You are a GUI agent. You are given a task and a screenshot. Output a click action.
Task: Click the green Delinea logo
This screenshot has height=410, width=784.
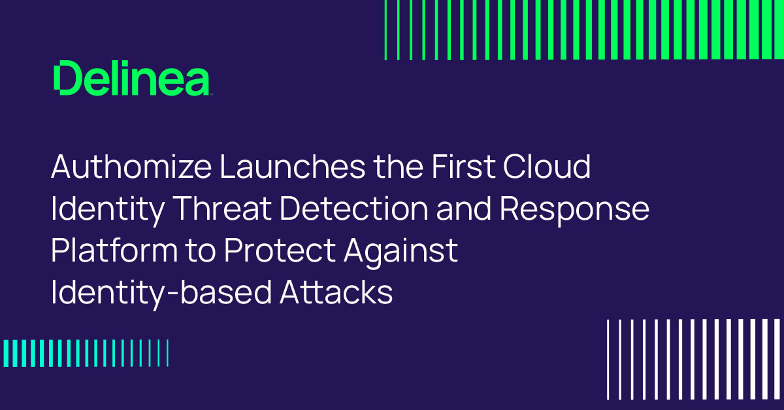(132, 79)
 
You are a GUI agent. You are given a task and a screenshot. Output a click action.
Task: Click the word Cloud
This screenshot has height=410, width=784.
(547, 168)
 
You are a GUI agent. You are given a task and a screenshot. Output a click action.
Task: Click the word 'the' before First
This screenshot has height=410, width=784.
(399, 168)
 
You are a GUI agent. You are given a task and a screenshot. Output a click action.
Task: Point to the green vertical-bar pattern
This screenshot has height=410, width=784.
(585, 29)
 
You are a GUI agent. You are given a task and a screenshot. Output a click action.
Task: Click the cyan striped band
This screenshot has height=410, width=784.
(85, 353)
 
